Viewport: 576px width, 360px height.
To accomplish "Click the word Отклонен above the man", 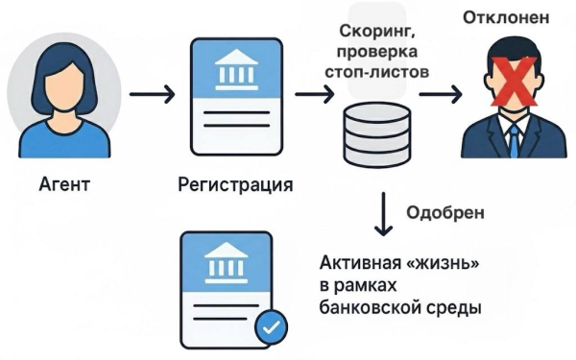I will pos(507,17).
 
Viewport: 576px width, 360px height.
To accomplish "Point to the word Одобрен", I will pos(444,213).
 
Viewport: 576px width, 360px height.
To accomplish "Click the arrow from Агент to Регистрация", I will pos(152,95).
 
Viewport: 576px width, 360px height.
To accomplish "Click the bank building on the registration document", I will pos(236,68).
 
